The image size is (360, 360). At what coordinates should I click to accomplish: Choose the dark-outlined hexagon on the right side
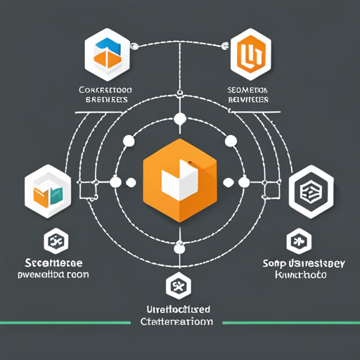[309, 191]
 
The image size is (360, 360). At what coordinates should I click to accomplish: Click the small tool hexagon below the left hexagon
[53, 241]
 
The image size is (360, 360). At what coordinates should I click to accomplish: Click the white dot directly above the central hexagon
[179, 117]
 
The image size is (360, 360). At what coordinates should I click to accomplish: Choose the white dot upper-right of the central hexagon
[229, 141]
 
